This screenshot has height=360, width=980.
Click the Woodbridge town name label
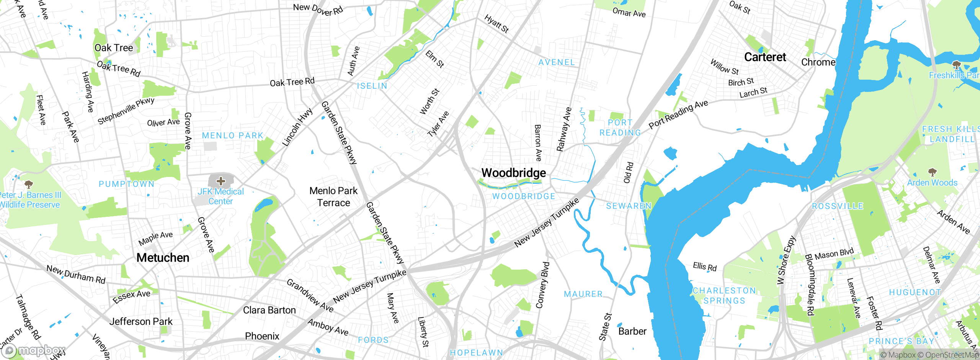(x=513, y=173)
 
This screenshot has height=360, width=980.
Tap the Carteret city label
(x=765, y=57)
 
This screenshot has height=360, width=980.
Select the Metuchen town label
(x=163, y=258)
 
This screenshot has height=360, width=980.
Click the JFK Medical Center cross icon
(x=221, y=181)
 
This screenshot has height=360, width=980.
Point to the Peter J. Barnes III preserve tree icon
(x=29, y=185)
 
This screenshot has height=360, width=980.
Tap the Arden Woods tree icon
(x=932, y=172)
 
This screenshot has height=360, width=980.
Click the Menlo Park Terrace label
(x=333, y=196)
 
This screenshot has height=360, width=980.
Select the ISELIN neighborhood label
(x=372, y=86)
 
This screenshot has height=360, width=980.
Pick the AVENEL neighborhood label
(x=556, y=62)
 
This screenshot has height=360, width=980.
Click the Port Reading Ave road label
(x=678, y=114)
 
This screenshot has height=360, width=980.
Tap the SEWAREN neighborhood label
(x=629, y=206)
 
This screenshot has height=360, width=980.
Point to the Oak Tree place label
(x=114, y=48)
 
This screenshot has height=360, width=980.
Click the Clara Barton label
(x=269, y=310)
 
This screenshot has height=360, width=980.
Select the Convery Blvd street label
(x=542, y=285)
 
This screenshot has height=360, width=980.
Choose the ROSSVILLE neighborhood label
(x=838, y=206)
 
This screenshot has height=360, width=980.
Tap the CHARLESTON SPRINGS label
(x=724, y=296)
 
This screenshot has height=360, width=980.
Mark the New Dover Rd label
(x=318, y=9)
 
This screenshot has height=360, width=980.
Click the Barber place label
(x=632, y=331)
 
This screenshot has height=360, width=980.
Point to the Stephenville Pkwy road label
(x=126, y=111)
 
